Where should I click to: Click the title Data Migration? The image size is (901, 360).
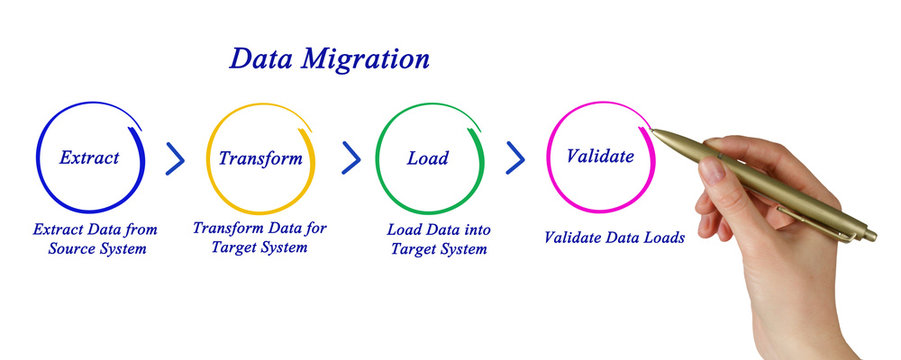click(x=329, y=59)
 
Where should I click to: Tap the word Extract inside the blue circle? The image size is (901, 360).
click(x=89, y=157)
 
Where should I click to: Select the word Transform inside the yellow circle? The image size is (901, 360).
click(x=260, y=158)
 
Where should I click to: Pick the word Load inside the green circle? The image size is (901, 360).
click(x=428, y=158)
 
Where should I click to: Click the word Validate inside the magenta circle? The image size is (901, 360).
click(x=600, y=156)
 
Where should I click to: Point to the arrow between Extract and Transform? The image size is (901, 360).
click(x=176, y=157)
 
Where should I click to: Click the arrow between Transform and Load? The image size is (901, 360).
click(x=351, y=157)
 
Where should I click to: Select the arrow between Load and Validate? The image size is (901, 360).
click(x=516, y=157)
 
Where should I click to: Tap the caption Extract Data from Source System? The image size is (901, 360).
click(x=95, y=238)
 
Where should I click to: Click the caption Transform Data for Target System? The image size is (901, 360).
click(x=260, y=237)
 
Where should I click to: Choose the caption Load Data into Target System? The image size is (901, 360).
click(x=438, y=238)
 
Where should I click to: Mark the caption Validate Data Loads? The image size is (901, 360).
click(x=614, y=238)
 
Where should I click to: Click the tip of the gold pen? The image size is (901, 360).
click(x=653, y=128)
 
